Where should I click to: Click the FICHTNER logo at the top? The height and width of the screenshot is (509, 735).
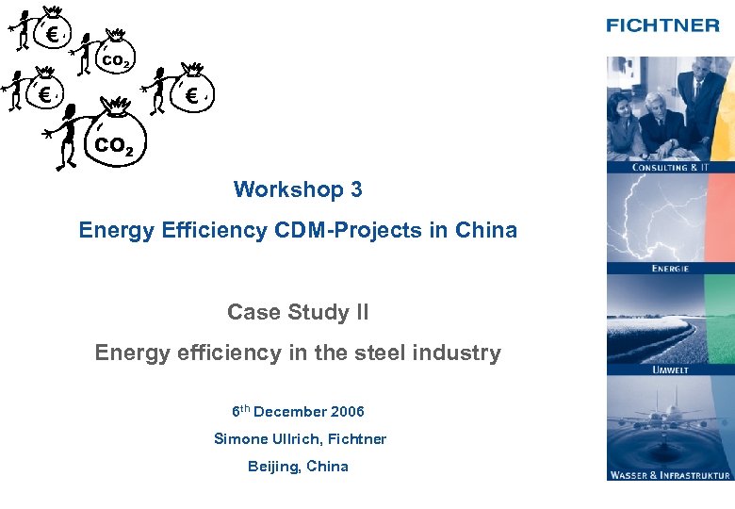(662, 25)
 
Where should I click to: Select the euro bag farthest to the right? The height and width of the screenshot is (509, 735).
(192, 93)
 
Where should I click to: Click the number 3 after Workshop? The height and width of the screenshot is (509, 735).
(356, 189)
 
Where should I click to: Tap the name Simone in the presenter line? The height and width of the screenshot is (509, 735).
(240, 439)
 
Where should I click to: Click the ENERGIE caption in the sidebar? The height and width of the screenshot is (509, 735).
(670, 269)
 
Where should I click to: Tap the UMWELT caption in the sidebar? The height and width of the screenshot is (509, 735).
(670, 370)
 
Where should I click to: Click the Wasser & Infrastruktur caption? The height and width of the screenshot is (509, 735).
(670, 475)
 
